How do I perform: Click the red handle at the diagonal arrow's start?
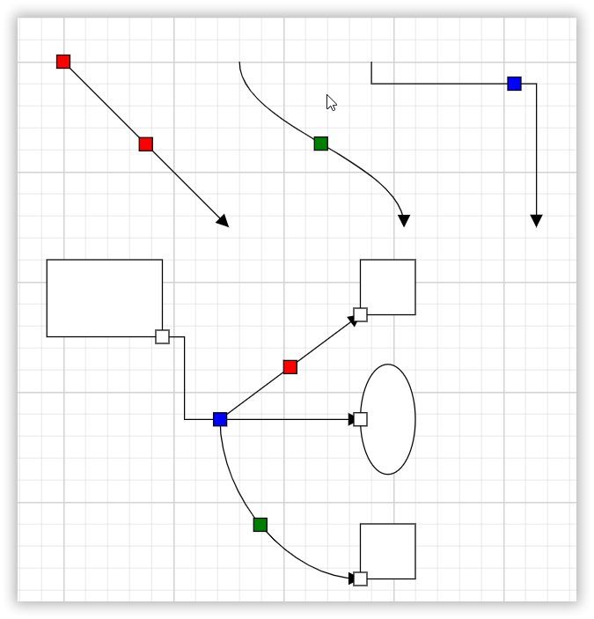tap(63, 62)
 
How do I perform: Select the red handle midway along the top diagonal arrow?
tap(146, 144)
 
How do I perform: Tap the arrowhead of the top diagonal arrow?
tap(224, 221)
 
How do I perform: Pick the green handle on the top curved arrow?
tap(321, 144)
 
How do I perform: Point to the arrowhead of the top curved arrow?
tap(404, 221)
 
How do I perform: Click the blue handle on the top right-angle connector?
tap(515, 84)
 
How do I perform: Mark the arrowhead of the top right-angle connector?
tap(536, 221)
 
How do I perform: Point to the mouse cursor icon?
tap(331, 102)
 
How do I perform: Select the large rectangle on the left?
tap(104, 298)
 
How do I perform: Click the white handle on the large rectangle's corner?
tap(163, 336)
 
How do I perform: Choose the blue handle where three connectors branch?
tap(220, 419)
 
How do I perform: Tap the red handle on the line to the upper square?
tap(290, 367)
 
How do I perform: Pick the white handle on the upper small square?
tap(360, 314)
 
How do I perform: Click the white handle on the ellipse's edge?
tap(360, 419)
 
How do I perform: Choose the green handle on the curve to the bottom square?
tap(260, 525)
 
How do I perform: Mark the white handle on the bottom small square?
tap(360, 578)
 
